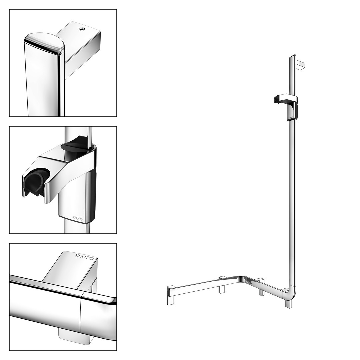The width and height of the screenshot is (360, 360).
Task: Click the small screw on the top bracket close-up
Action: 81,29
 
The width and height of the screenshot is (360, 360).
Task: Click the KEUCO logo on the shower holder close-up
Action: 78,218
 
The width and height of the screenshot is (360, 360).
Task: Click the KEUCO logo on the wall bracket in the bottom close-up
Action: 84,257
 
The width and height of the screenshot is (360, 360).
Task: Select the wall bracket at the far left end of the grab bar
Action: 171,296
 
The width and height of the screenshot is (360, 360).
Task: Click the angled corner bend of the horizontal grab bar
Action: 240,278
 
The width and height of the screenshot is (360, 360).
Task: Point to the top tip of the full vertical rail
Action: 292,56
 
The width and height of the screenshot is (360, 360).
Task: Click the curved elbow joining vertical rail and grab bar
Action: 291,294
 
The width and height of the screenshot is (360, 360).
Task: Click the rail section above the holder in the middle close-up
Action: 78,135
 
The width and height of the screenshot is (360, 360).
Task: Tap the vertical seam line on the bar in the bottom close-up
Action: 81,315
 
